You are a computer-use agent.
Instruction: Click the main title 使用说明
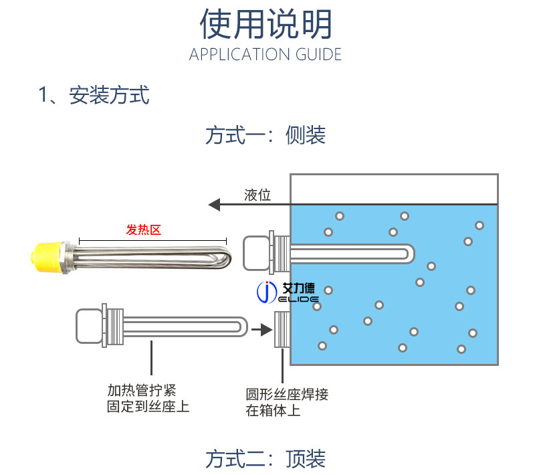[266, 25]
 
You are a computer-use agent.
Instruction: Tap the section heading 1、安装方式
[94, 95]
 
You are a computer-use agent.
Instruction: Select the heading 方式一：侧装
[265, 135]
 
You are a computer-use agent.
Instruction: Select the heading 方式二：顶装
[265, 459]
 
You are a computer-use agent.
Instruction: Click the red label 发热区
[144, 230]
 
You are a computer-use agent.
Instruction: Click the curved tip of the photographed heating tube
[225, 258]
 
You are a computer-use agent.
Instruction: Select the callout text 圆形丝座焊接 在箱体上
[287, 401]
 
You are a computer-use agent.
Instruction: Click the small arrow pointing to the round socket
[261, 328]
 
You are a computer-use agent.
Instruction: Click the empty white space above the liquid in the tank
[393, 188]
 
